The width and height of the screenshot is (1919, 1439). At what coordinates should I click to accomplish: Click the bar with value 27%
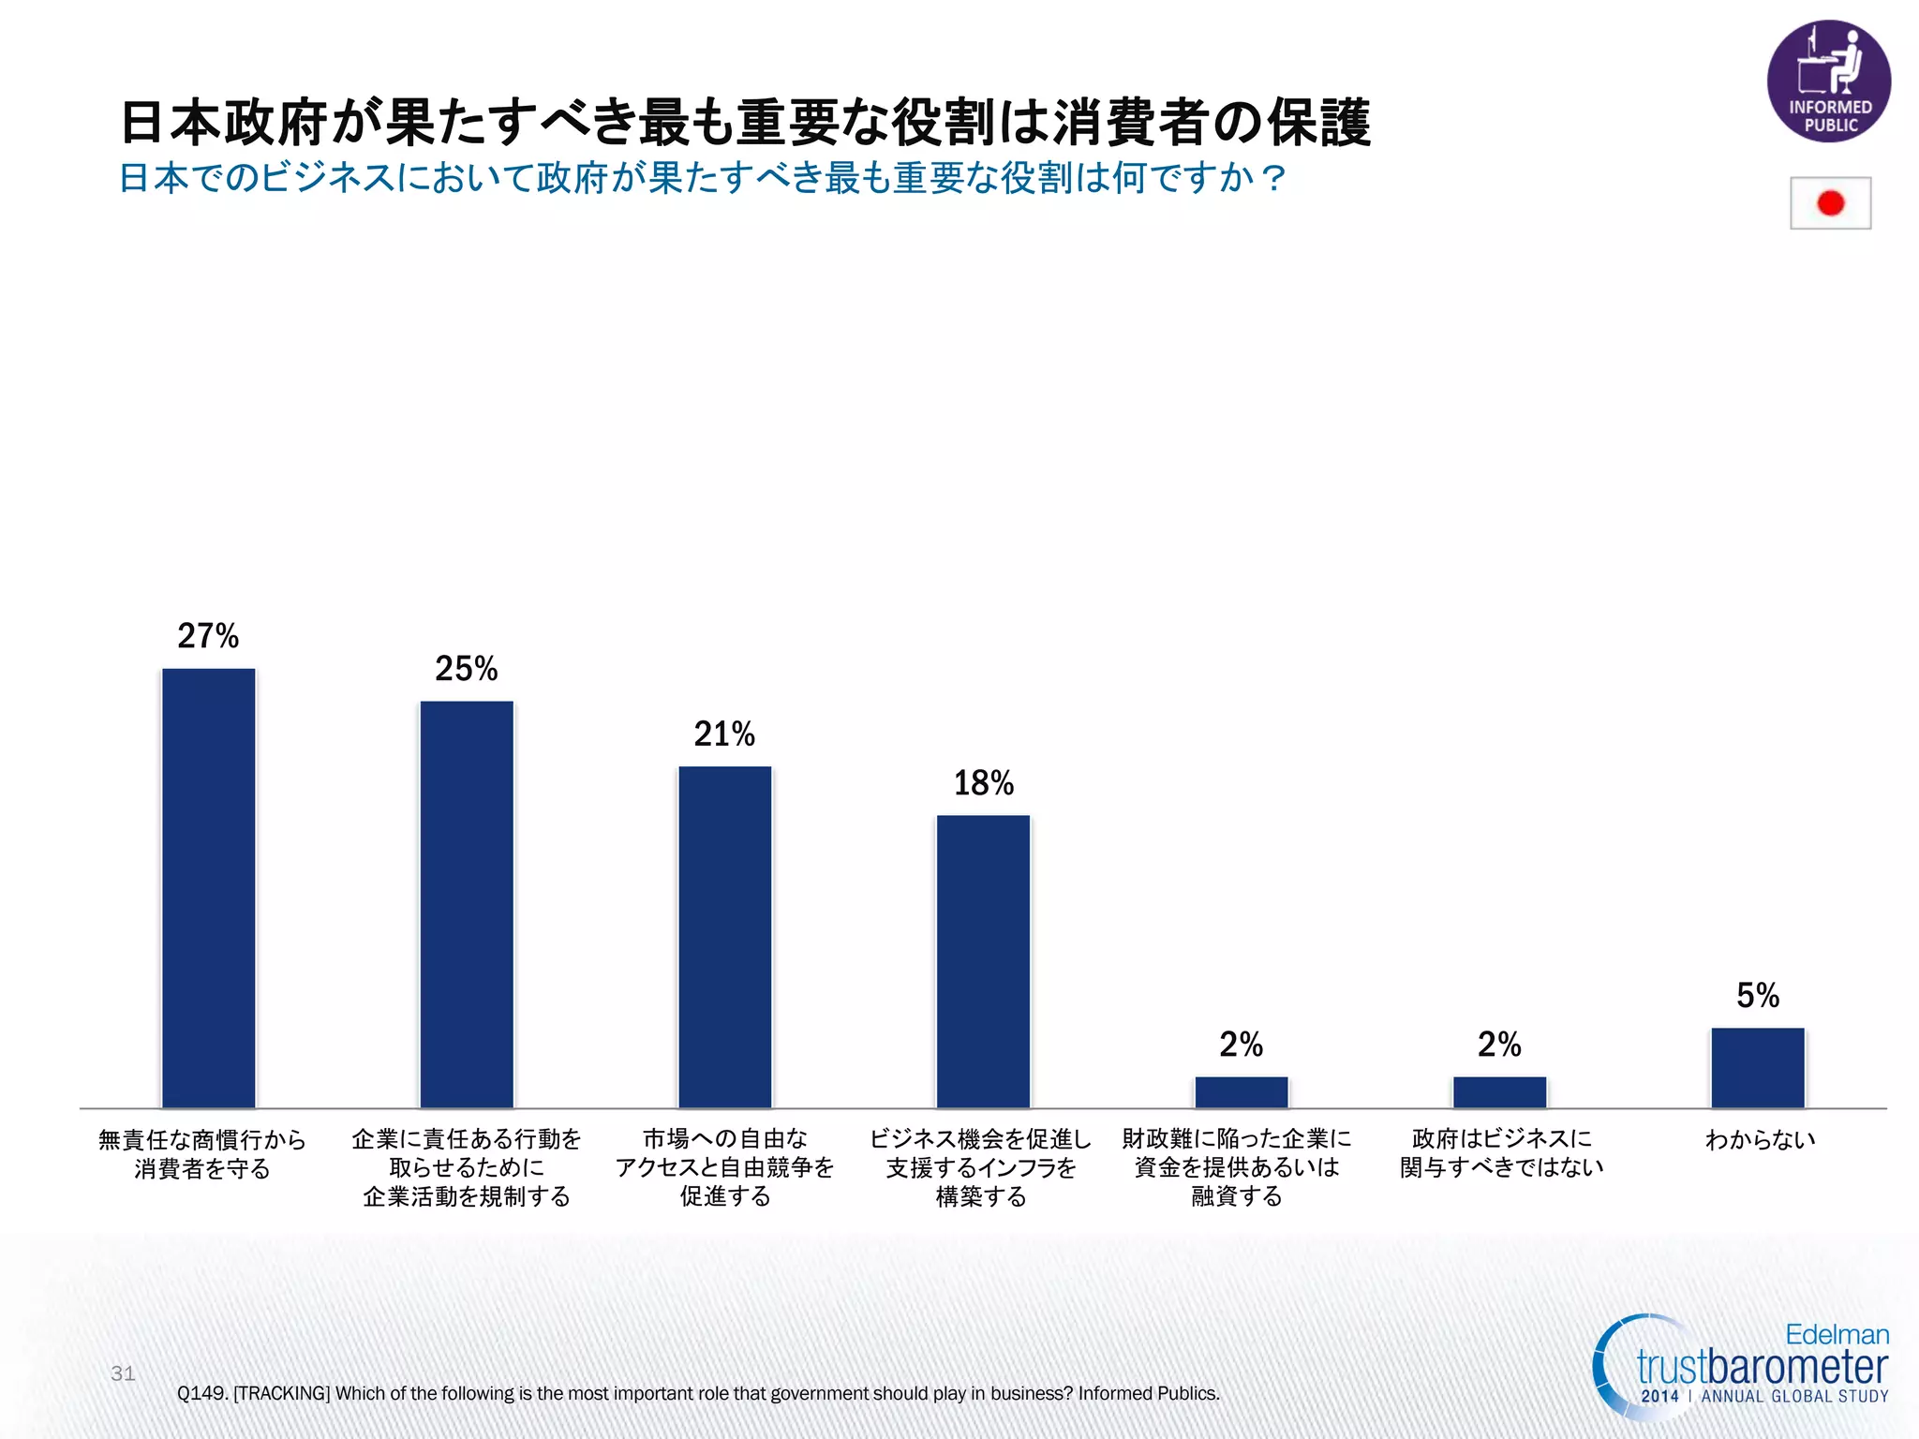(208, 887)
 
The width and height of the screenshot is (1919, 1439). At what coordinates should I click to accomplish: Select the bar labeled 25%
(467, 904)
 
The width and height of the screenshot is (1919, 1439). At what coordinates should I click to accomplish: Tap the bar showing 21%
(724, 937)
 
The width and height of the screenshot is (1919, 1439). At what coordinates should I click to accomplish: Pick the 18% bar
(983, 961)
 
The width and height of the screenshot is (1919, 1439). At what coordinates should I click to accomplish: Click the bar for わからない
(1757, 1068)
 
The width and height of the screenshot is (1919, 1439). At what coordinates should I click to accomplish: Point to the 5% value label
(1757, 995)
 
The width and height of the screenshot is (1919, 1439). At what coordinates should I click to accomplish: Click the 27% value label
(208, 636)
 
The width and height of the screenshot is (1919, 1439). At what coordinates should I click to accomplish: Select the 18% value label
(983, 783)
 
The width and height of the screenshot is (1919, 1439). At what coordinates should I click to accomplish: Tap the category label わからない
(1759, 1140)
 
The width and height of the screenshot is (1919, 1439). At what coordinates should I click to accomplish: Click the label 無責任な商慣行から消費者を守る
(202, 1154)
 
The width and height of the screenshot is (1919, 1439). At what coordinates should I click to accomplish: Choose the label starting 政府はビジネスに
(1501, 1153)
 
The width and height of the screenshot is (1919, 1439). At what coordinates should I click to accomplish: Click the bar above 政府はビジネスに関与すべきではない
(1499, 1092)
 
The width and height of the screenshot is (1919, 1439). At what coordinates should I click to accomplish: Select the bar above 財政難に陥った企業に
(1241, 1092)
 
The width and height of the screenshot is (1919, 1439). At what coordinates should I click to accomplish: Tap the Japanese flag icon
(1829, 203)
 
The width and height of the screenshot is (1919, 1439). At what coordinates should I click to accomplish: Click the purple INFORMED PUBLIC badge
(1828, 82)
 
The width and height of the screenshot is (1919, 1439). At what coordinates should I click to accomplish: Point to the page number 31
(123, 1373)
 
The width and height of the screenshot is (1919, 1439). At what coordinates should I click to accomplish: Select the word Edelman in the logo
(1836, 1334)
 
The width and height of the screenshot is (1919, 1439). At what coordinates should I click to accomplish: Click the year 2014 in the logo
(1659, 1396)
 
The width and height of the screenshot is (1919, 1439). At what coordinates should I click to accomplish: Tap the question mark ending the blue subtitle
(1273, 178)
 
